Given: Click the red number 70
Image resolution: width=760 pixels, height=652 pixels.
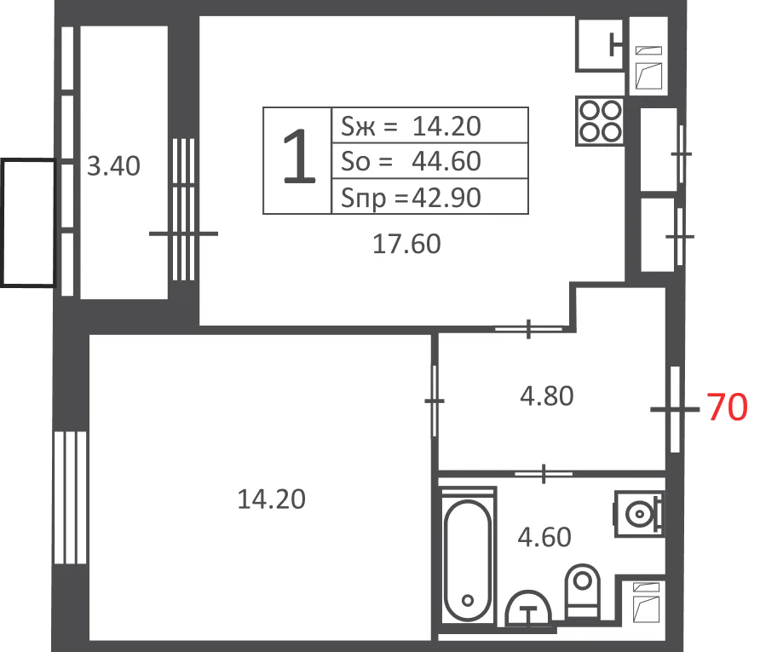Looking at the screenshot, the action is click(727, 407).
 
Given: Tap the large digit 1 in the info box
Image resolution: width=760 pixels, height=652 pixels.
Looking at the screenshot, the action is click(298, 157).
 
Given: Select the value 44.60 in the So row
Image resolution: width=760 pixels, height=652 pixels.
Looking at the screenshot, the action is click(446, 161).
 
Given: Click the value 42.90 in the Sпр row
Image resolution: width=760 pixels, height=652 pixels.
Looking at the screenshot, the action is click(446, 197).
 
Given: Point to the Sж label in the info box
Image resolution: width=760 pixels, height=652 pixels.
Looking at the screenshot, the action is click(358, 126).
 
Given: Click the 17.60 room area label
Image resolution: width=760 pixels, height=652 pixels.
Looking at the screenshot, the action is click(406, 244).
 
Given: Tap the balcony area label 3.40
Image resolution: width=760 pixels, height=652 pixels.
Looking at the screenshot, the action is click(113, 166).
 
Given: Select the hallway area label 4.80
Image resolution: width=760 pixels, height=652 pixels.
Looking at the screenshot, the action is click(547, 396).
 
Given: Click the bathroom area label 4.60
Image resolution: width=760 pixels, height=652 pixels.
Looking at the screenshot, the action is click(544, 537).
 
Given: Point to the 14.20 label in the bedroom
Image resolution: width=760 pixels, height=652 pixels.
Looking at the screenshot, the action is click(272, 499).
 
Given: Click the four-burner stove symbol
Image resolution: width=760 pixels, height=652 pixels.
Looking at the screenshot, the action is click(600, 121).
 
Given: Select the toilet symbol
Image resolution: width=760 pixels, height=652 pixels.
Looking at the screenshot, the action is click(583, 591).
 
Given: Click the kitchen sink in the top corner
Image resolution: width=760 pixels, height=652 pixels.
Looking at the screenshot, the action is click(600, 44).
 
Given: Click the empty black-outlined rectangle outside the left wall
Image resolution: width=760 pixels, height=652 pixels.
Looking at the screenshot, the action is click(28, 223).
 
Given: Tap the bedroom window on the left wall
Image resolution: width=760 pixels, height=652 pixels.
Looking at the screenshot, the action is click(70, 498).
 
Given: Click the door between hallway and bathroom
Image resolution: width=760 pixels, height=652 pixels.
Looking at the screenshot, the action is click(544, 474).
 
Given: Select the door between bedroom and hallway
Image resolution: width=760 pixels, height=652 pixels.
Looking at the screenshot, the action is click(435, 401).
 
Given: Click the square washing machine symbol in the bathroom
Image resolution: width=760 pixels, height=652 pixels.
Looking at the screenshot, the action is click(639, 514).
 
